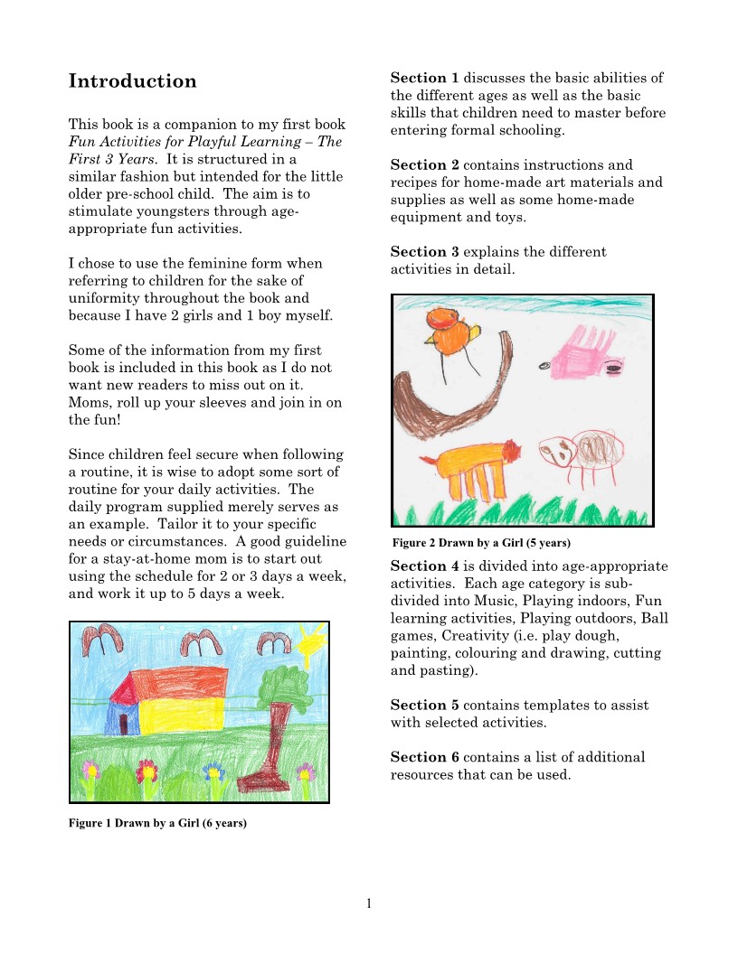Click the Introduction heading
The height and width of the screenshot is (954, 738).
click(132, 81)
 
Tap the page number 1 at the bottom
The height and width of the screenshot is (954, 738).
click(369, 903)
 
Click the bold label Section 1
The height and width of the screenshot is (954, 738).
click(424, 79)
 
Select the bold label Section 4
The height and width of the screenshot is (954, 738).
click(424, 566)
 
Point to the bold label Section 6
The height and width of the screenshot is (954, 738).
click(424, 757)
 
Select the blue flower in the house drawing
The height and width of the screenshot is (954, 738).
click(213, 772)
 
